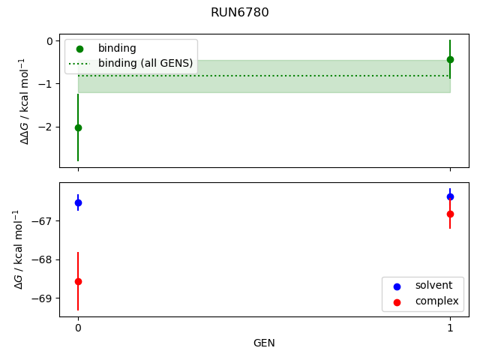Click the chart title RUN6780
click(240, 13)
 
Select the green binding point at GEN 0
click(78, 127)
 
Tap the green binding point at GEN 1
click(450, 59)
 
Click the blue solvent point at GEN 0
click(78, 202)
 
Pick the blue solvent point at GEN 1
click(450, 196)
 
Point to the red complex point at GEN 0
click(78, 281)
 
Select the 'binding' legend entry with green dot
click(117, 48)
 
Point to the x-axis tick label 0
click(78, 328)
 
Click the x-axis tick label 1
click(450, 328)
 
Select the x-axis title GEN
click(264, 343)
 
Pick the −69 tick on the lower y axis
click(42, 298)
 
